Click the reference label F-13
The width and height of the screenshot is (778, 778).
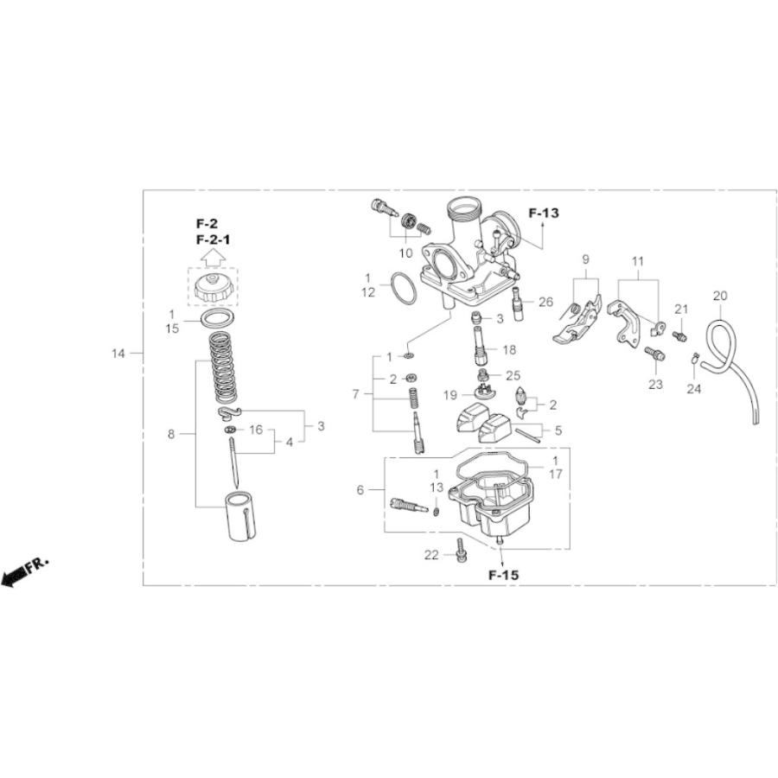tap(544, 214)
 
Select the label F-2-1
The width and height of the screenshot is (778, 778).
tap(213, 239)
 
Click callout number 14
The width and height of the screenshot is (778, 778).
tap(118, 353)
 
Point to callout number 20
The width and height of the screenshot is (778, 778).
tap(720, 296)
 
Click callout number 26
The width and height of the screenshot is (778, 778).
tap(545, 302)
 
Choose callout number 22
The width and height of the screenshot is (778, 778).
tap(432, 555)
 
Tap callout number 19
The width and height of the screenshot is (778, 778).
tap(450, 395)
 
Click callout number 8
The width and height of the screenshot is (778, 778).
tap(171, 434)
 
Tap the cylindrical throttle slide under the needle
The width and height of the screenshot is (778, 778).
tap(243, 516)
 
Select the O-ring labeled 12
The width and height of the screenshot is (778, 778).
tap(403, 289)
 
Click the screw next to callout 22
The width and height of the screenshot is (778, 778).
tap(460, 548)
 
